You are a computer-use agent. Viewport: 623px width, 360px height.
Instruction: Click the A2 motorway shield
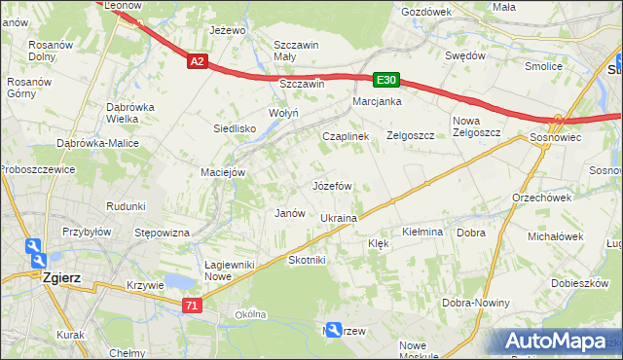197,61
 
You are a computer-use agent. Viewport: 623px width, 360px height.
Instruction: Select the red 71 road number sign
192,305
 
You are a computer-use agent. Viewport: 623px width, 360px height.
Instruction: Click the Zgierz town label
62,277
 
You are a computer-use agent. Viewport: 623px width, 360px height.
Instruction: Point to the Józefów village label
331,185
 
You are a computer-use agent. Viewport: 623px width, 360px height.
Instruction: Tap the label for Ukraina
339,219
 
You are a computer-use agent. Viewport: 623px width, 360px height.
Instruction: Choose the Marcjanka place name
378,101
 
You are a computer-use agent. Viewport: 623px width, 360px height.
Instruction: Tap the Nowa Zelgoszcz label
476,126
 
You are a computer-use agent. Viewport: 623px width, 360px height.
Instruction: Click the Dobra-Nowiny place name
476,303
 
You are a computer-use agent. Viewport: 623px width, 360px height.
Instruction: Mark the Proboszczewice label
37,167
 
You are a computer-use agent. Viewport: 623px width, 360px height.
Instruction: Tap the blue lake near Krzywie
179,282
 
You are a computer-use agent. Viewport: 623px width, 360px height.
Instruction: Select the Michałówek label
555,236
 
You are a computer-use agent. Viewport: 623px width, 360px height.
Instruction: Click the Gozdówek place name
426,12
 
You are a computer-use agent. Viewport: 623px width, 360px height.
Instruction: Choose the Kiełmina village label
422,233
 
